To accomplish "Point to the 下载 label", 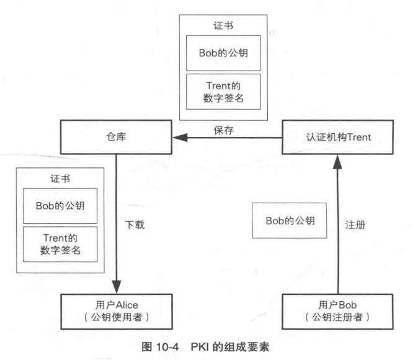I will point(135,225).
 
